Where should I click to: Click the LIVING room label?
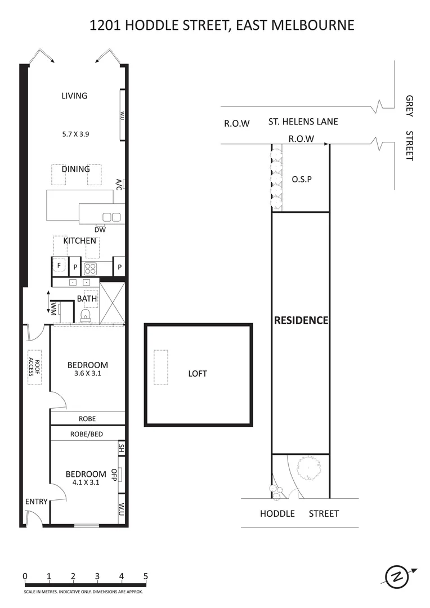coord(74,96)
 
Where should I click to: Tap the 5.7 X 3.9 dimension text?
coord(75,135)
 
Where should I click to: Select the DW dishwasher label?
coord(100,229)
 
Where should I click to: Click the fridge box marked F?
coord(59,266)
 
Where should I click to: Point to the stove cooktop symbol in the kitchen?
coord(91,267)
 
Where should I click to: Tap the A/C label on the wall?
coord(119,184)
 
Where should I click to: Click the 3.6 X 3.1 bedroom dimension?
coord(87,373)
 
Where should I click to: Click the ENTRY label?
coord(35,502)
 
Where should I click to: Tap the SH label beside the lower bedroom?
coord(121,449)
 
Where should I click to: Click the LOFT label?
coord(198,373)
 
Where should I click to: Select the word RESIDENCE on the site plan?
coord(301,320)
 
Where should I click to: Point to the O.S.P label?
coord(302,180)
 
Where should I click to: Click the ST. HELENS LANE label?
coord(303,122)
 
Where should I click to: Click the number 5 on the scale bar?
coord(145,576)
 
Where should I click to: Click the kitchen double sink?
coord(111,217)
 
